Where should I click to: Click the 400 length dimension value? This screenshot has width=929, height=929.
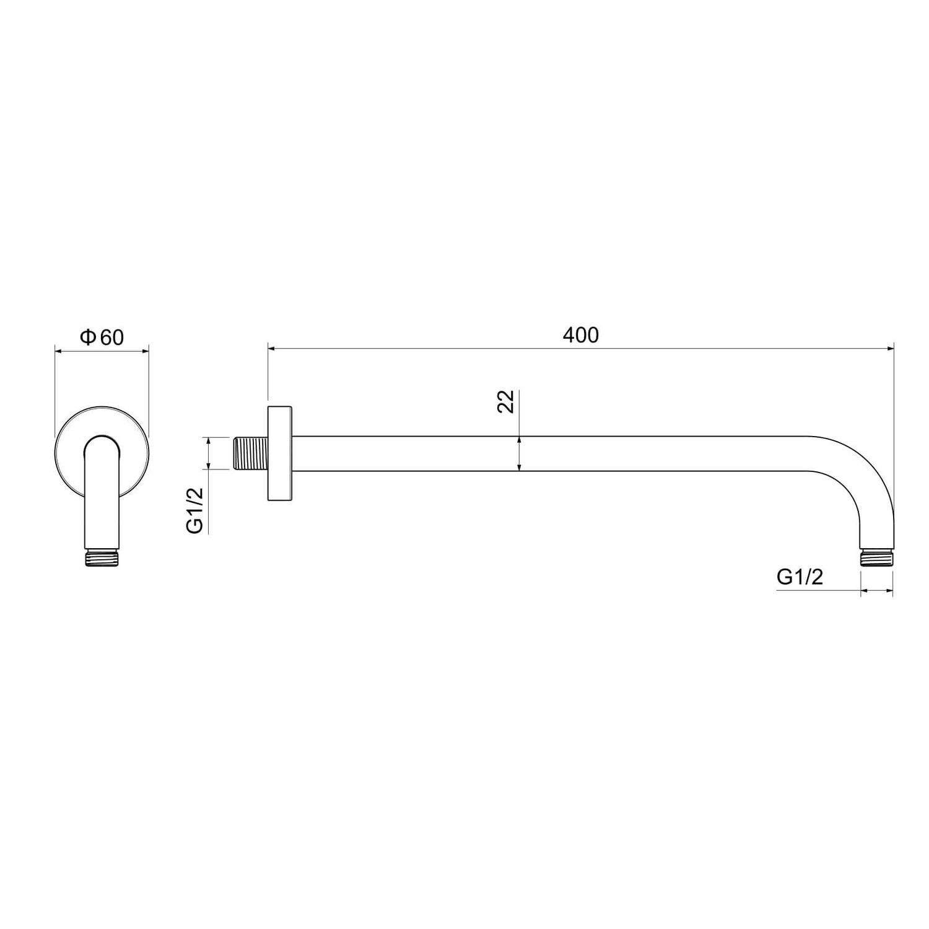click(x=581, y=335)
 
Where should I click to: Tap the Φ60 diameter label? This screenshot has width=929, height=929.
click(x=102, y=337)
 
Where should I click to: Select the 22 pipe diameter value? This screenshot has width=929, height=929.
click(x=506, y=401)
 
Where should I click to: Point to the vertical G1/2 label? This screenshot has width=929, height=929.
click(x=195, y=510)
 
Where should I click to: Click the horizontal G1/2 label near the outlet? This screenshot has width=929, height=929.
click(x=800, y=577)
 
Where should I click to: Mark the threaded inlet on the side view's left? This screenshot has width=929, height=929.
click(x=251, y=453)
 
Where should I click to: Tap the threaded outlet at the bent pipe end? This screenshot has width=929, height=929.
click(x=876, y=557)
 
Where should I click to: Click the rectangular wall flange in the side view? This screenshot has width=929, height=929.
click(x=280, y=453)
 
